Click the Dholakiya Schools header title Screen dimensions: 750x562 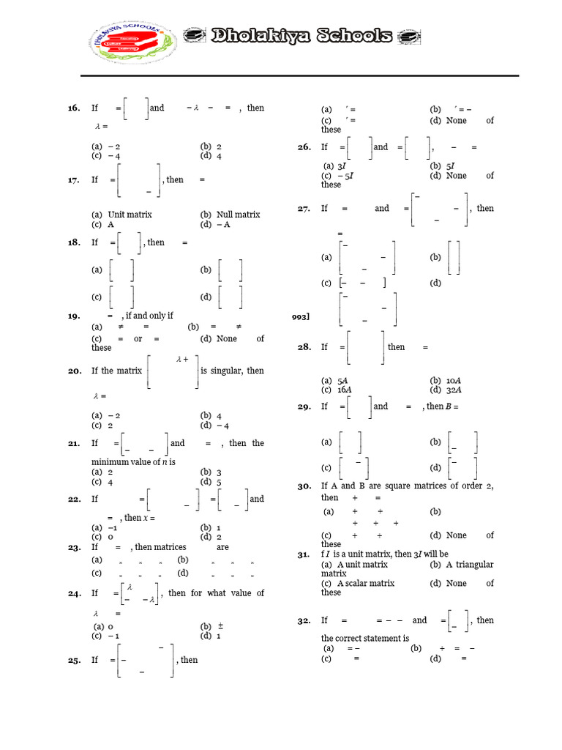pyautogui.click(x=300, y=37)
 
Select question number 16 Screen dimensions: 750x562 pyautogui.click(x=74, y=108)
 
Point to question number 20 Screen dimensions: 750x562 pyautogui.click(x=74, y=371)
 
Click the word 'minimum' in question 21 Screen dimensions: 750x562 pyautogui.click(x=109, y=462)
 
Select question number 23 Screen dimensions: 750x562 pyautogui.click(x=74, y=547)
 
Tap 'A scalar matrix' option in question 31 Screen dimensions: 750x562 pyautogui.click(x=365, y=584)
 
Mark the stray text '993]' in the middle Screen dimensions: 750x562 pyautogui.click(x=301, y=317)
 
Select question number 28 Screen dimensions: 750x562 pyautogui.click(x=304, y=347)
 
